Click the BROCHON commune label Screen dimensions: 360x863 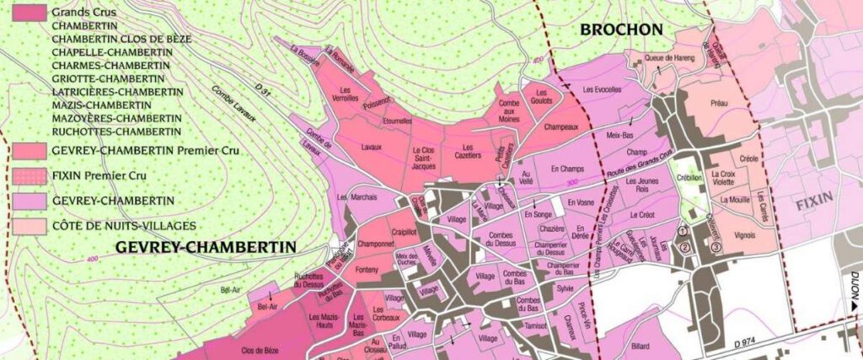point(622,30)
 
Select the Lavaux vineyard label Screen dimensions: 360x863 point(371,147)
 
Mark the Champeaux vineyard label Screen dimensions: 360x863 point(561,128)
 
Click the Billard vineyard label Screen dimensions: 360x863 point(641,346)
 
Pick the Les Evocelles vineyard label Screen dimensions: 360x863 point(602,89)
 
